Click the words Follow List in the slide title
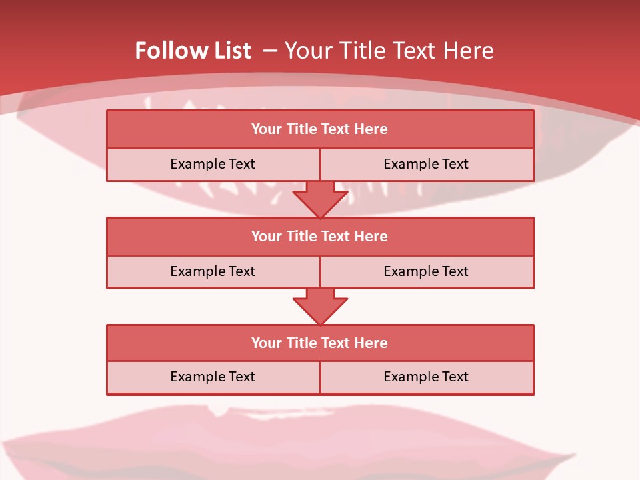tap(193, 51)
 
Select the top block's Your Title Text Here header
tap(319, 129)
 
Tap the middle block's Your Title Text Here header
tap(319, 236)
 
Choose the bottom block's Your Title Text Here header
tap(319, 343)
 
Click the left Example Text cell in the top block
tap(213, 164)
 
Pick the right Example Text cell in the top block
tap(426, 164)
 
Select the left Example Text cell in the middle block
tap(213, 271)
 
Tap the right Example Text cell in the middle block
tap(426, 271)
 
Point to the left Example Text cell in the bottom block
tap(213, 377)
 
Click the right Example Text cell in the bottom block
tap(426, 377)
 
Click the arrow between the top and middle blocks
tap(320, 199)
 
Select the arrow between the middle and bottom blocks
tap(320, 306)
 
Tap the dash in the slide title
tap(270, 51)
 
